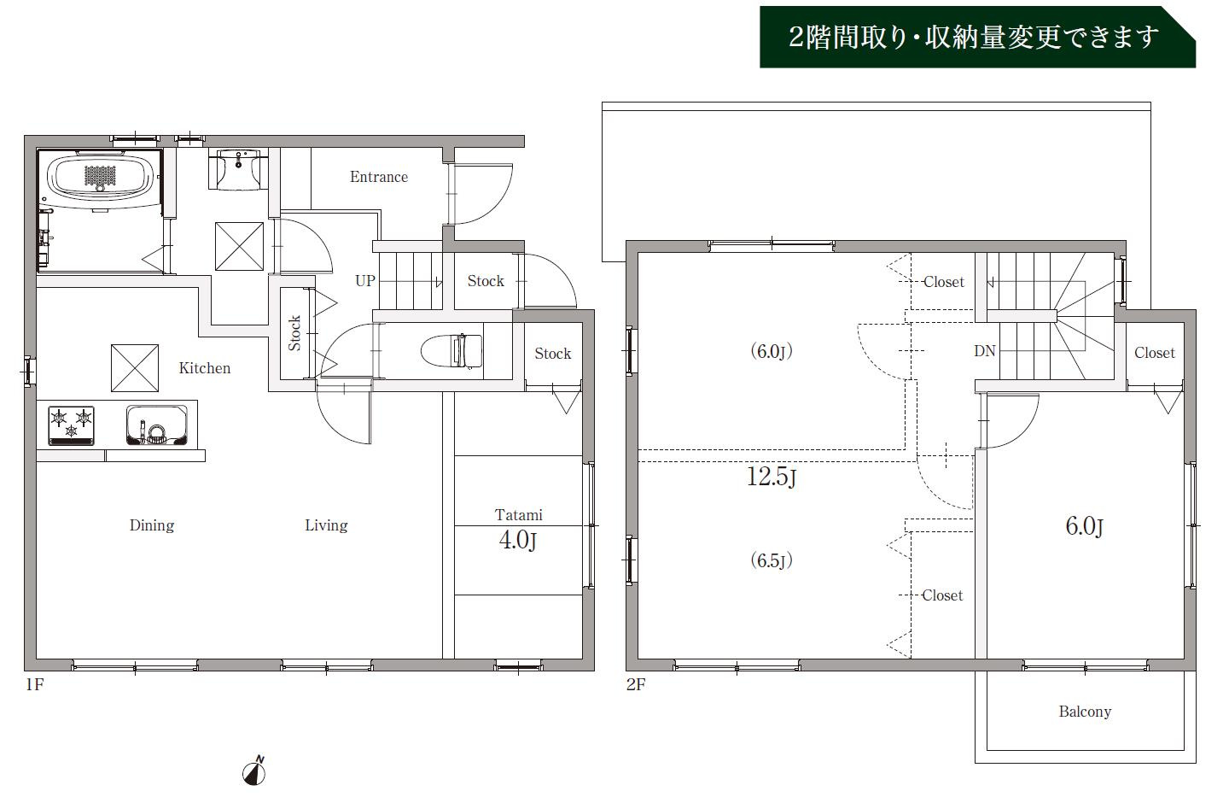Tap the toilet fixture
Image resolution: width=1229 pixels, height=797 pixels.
pos(451,350)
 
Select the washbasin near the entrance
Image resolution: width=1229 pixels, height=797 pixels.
pos(238,169)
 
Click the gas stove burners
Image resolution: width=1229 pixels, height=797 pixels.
pos(72,425)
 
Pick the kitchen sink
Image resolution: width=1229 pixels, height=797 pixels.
pos(156,425)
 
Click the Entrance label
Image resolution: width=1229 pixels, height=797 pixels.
pos(379,177)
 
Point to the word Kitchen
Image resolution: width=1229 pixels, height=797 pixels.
pos(205,368)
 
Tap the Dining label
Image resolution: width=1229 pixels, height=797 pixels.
pos(152,525)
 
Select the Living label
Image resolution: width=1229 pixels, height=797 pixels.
pos(326,525)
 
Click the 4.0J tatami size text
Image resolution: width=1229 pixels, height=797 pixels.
pos(517,540)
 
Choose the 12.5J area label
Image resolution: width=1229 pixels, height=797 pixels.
pos(772,476)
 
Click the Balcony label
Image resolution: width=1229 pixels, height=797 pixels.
pos(1085,712)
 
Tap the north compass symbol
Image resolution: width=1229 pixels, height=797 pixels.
pos(254,771)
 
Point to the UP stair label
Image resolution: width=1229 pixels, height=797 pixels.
pos(365,281)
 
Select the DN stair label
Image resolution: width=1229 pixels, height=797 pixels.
pos(984,351)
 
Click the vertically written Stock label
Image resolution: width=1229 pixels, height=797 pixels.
pos(294,333)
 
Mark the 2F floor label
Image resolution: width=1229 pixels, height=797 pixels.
pos(636,684)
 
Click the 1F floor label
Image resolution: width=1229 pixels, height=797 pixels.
pos(34,684)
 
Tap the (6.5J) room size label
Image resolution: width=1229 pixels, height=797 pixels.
pos(772,560)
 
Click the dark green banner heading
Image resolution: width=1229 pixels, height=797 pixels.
pos(977,38)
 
